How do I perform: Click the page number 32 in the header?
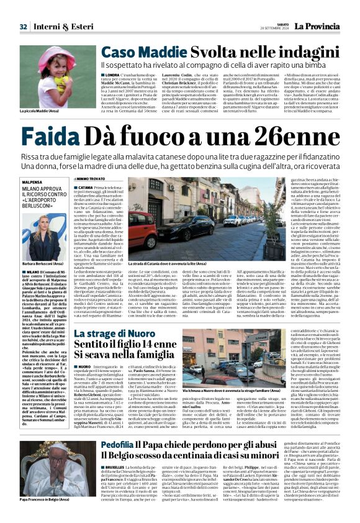23,27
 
